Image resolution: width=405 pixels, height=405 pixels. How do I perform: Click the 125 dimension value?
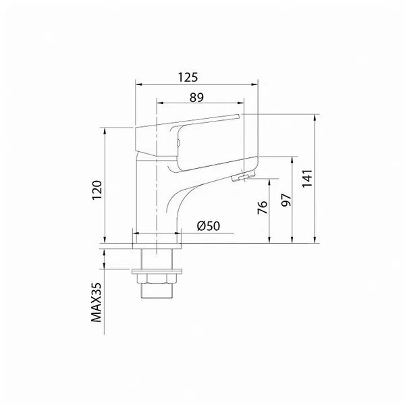click(188, 77)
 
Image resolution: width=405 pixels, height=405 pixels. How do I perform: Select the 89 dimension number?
click(196, 97)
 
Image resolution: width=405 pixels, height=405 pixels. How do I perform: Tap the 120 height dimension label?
click(97, 190)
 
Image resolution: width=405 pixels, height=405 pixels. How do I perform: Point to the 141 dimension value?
click(307, 178)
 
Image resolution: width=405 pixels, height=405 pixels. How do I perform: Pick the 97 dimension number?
click(286, 200)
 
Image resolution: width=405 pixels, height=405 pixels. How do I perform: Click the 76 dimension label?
click(263, 207)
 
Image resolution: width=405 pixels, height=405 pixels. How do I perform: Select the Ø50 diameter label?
click(209, 226)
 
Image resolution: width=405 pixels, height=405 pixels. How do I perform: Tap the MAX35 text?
click(97, 302)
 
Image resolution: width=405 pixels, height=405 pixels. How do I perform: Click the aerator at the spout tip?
click(243, 176)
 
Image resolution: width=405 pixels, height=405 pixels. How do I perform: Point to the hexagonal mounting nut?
click(157, 279)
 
